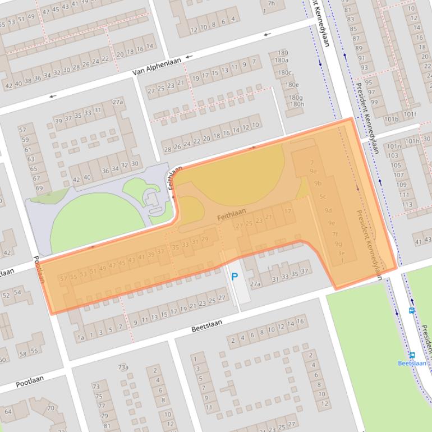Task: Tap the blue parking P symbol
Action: click(x=235, y=277)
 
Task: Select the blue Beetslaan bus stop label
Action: click(x=412, y=363)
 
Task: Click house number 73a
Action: click(x=123, y=367)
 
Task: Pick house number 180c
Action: click(x=284, y=72)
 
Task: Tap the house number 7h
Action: click(x=272, y=3)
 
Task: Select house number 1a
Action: click(x=80, y=337)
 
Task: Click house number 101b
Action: click(x=391, y=119)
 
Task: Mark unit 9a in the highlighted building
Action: click(x=314, y=171)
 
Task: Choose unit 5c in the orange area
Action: click(x=323, y=196)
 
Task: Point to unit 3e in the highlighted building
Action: click(x=341, y=253)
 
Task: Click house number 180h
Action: click(x=297, y=104)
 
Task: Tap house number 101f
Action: click(x=410, y=115)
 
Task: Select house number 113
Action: click(x=407, y=204)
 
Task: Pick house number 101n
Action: click(x=393, y=147)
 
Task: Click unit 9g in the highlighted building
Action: click(x=338, y=243)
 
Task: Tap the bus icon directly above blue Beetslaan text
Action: click(x=412, y=355)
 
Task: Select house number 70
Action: click(x=50, y=408)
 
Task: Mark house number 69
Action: click(x=39, y=188)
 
